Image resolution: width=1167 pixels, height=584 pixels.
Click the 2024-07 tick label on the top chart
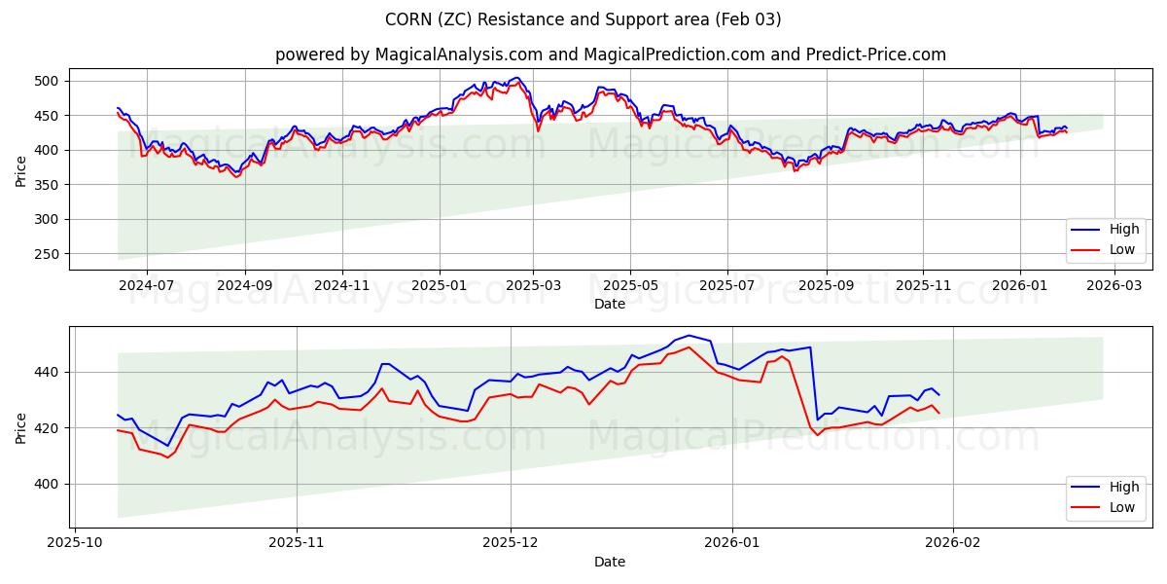(x=147, y=285)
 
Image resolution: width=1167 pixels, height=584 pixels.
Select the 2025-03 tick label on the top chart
(x=534, y=285)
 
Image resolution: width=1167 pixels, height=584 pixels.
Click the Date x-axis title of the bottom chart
(x=610, y=562)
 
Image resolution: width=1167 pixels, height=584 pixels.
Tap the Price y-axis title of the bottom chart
(x=21, y=426)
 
